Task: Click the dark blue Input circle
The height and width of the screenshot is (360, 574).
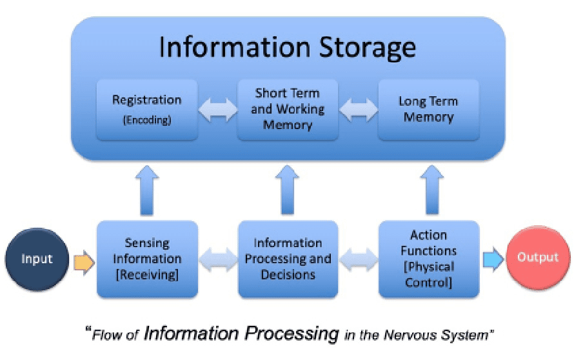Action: point(37,259)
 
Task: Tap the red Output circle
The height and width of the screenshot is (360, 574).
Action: point(538,257)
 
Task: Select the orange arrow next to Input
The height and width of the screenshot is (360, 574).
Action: point(84,263)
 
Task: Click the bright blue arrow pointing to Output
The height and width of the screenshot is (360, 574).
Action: point(493,259)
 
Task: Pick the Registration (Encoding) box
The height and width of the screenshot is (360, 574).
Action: point(147,110)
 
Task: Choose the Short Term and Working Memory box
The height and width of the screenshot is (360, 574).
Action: point(288,110)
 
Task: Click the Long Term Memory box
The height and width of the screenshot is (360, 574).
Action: point(429,110)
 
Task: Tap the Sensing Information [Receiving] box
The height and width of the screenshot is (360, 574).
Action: point(147,259)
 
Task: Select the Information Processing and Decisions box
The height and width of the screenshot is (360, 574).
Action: point(288,259)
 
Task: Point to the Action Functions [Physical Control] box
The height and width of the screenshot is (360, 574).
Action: point(429,259)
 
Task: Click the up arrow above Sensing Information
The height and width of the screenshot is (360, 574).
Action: point(147,190)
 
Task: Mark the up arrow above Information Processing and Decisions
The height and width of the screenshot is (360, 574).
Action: point(288,190)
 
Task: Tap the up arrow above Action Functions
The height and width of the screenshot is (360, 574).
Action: point(432,190)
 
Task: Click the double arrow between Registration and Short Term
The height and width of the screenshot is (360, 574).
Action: point(218,110)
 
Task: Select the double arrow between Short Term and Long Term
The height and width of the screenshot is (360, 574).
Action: point(359,110)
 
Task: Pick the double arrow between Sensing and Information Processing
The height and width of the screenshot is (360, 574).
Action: point(218,259)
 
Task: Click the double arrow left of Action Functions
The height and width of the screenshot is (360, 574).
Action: point(359,259)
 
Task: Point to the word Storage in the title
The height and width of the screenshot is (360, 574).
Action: point(367,48)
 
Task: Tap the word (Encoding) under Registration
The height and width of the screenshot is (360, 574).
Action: point(147,120)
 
